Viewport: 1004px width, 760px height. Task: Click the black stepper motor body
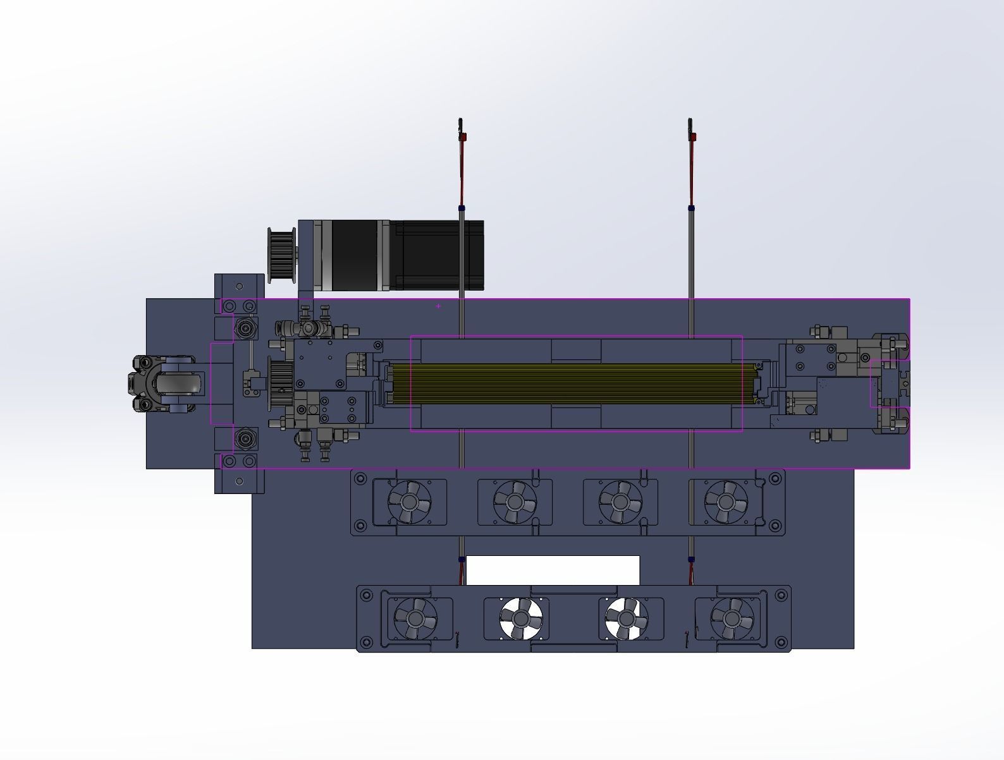(x=405, y=255)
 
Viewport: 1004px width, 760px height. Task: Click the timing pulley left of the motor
(x=282, y=255)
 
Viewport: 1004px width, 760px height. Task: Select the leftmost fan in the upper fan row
(x=409, y=502)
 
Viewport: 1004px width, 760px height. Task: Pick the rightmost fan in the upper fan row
(x=726, y=502)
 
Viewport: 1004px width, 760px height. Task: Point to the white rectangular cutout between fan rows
(x=553, y=570)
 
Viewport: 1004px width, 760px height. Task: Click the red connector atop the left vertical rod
(x=463, y=136)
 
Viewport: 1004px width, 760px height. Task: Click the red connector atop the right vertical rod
(x=694, y=136)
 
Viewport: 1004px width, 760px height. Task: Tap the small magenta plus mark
(x=438, y=306)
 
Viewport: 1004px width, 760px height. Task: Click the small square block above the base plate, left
(x=239, y=286)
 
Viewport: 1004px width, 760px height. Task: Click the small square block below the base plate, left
(x=239, y=481)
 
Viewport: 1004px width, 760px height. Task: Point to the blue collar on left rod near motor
(x=462, y=208)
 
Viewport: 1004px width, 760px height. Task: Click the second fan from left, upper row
(x=515, y=502)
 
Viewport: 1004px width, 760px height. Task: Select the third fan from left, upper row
(x=620, y=502)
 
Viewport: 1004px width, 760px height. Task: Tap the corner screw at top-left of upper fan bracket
(x=361, y=478)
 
